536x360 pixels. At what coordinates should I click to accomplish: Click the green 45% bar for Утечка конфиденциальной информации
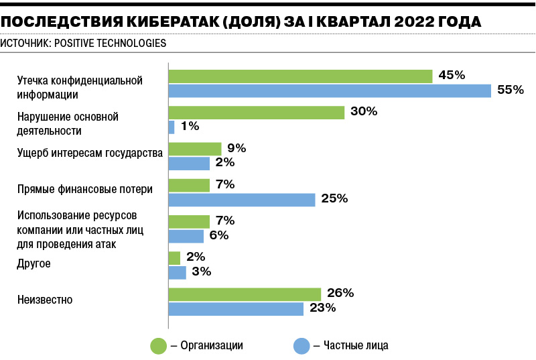coord(300,76)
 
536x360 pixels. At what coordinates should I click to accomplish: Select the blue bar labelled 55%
coord(330,91)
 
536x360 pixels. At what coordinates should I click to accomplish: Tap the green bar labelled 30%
coord(256,113)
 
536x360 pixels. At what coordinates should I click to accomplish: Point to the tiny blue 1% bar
coord(172,127)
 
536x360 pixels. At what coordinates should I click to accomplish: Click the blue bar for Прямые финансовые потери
coord(241,200)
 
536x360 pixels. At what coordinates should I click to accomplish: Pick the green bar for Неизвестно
coord(245,294)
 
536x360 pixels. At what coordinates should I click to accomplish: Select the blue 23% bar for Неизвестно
coord(236,309)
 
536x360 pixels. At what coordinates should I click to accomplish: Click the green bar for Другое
coord(174,258)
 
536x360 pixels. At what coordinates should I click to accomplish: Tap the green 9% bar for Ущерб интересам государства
coord(194,149)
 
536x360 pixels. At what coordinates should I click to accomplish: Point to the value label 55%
coord(510,90)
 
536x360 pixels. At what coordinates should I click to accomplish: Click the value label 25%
coord(334,198)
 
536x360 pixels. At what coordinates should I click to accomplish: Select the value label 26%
coord(340,293)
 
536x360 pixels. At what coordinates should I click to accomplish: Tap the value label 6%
coord(219,235)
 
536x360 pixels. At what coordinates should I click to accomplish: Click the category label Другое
coord(33,264)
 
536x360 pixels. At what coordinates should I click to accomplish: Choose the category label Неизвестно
coord(44,300)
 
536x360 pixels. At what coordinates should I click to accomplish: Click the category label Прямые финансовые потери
coord(84,189)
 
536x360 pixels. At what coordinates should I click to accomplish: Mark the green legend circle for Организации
coord(158,346)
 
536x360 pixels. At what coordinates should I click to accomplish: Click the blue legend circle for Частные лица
coord(301,346)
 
